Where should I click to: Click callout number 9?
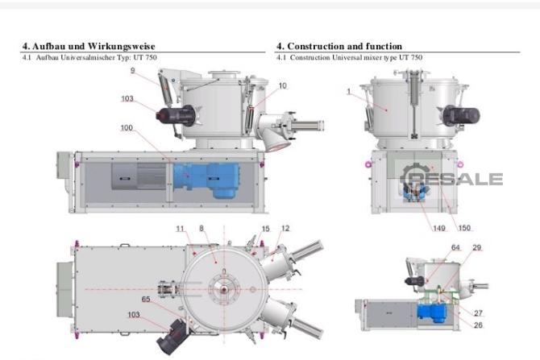pyautogui.click(x=132, y=71)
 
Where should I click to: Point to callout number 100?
pyautogui.click(x=127, y=128)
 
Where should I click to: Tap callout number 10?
pyautogui.click(x=282, y=85)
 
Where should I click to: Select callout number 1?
pyautogui.click(x=349, y=92)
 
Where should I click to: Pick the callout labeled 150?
pyautogui.click(x=464, y=228)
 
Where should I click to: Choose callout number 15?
pyautogui.click(x=265, y=228)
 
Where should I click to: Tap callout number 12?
pyautogui.click(x=284, y=228)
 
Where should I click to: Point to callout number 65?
pyautogui.click(x=146, y=299)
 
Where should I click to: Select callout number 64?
pyautogui.click(x=455, y=247)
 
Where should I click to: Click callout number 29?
pyautogui.click(x=477, y=247)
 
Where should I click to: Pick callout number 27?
pyautogui.click(x=477, y=313)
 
